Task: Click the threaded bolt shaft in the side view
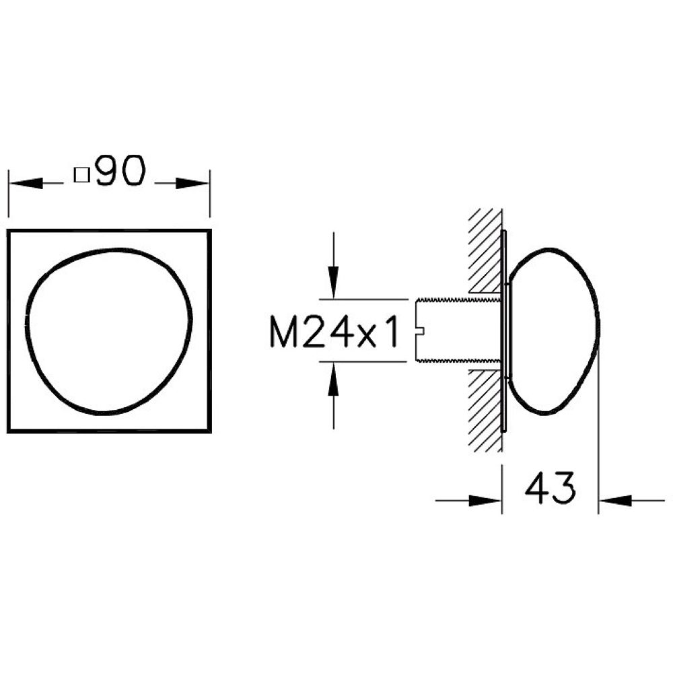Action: point(458,330)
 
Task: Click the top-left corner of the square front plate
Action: point(8,230)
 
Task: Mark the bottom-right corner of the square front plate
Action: point(210,431)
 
